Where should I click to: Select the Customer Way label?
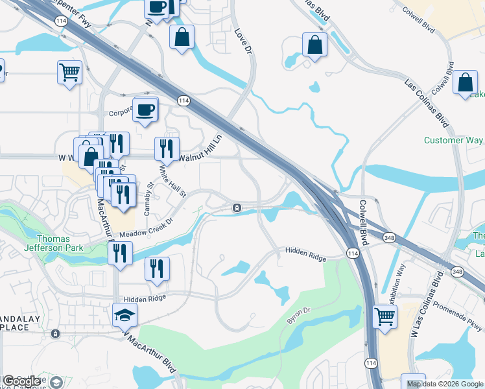pos(453,140)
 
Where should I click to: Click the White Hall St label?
pos(173,182)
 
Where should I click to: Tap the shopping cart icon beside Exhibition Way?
pos(385,318)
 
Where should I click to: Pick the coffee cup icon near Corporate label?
pos(145,109)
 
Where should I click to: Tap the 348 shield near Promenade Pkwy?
pos(458,271)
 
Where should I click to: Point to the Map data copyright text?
pos(444,384)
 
